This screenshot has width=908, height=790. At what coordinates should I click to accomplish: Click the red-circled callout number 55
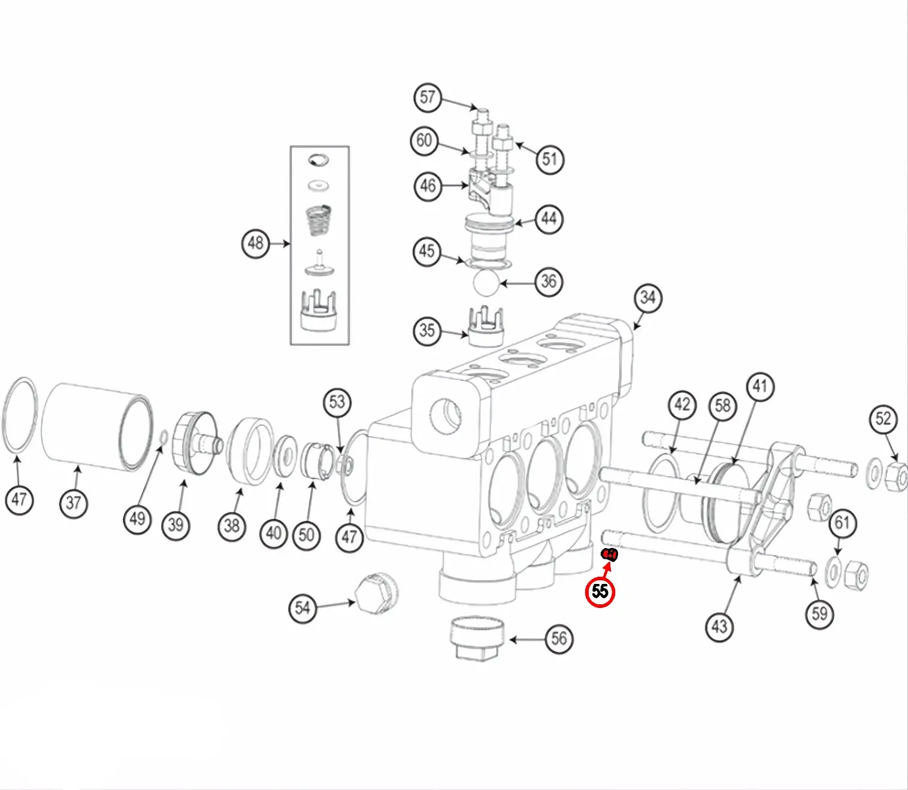600,592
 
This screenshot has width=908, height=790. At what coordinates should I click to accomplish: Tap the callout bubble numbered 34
648,298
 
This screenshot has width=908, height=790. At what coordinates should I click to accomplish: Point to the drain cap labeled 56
477,637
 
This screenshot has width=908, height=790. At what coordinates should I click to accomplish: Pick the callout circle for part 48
256,244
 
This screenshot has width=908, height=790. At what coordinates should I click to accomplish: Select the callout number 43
719,626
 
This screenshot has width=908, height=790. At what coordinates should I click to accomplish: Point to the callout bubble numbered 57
428,98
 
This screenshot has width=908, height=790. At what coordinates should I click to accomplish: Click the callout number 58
723,405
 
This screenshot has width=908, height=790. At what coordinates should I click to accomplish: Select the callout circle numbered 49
137,517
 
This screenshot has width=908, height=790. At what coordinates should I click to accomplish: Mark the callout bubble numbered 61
842,523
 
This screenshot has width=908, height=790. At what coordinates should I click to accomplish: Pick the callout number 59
819,613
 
